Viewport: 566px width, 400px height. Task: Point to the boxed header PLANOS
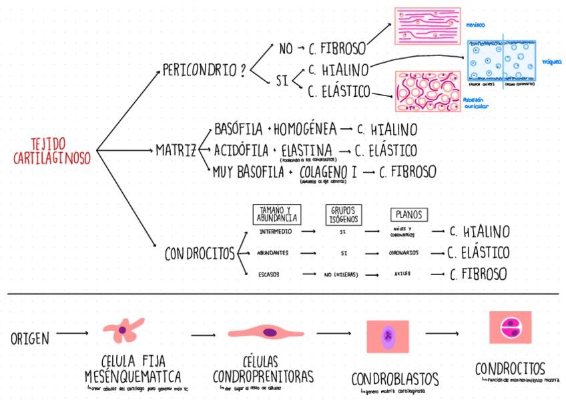click(x=408, y=214)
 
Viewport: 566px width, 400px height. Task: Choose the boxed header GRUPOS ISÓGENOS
click(x=344, y=214)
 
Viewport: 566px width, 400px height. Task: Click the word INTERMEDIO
click(x=274, y=232)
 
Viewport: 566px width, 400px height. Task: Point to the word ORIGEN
click(x=30, y=339)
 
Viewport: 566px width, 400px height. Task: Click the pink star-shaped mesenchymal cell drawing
click(x=123, y=329)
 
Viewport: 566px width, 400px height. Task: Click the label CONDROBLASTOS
click(x=395, y=379)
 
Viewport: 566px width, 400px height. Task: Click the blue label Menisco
click(x=477, y=25)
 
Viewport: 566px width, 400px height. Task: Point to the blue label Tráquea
click(x=552, y=61)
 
